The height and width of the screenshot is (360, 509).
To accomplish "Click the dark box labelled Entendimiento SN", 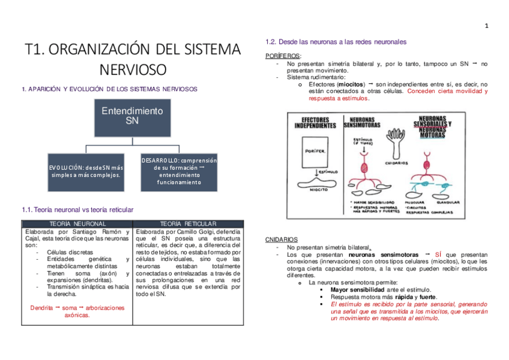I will pos(131,116).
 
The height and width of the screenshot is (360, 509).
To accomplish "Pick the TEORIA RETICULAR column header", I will pos(188,223).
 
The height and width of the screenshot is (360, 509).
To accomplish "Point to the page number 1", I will pos(487,25).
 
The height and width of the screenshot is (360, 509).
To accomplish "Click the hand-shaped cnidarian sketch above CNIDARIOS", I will pos(397,148).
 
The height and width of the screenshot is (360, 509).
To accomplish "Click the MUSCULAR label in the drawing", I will pos(417,203).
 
